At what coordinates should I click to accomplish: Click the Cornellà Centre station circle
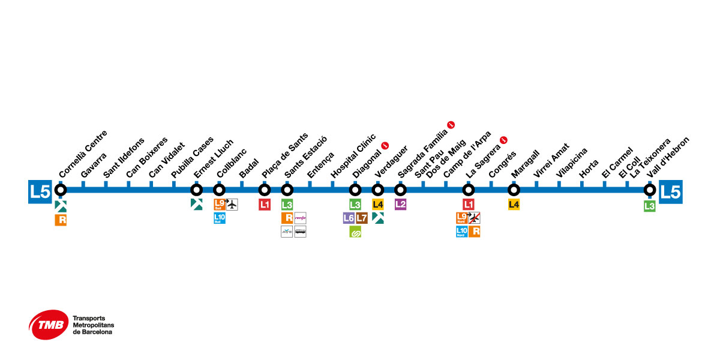61,190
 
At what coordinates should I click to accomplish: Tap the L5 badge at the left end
40,191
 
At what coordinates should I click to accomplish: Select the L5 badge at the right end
670,191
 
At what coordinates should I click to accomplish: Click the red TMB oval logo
48,325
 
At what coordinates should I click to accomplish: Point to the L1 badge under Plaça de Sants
265,205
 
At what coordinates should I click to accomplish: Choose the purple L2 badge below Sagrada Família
400,204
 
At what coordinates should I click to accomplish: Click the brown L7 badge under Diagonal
362,218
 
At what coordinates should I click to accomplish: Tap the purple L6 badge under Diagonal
349,218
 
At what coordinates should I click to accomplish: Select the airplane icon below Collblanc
232,205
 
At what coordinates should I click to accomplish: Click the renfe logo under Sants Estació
300,218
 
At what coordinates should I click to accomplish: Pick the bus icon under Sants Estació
300,231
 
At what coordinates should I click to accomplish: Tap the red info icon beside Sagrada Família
451,125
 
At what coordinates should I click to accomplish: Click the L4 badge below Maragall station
514,205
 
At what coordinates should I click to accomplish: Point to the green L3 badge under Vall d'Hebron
649,206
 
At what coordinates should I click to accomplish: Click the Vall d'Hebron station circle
649,190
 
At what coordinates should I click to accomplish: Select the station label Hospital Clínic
353,155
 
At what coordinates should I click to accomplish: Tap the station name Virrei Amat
551,159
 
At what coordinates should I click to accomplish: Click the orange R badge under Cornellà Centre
61,220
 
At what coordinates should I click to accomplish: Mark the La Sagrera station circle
469,190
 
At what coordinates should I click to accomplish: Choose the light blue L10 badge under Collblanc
219,218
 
